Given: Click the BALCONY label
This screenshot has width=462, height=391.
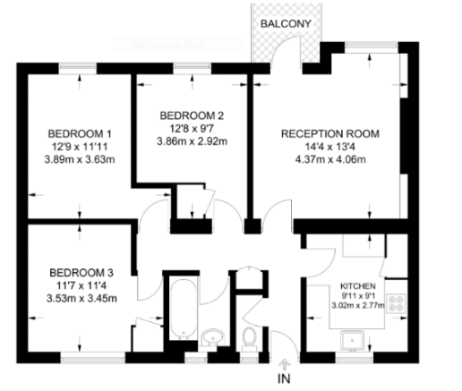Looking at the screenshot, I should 287,23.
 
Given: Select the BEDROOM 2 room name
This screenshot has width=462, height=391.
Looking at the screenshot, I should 192,115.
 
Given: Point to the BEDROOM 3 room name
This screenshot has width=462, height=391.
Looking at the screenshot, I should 81,272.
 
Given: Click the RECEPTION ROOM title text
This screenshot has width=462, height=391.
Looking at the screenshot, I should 330,134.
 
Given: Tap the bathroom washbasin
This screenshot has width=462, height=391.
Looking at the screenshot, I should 211,337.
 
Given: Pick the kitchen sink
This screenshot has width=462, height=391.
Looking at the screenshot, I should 352,338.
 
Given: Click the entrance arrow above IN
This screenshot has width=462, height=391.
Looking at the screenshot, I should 285,363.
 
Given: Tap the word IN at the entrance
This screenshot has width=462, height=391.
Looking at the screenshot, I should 285,379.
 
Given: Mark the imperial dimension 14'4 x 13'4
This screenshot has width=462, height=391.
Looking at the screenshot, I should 330,147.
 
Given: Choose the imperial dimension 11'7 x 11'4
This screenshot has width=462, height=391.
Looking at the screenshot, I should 81,285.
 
